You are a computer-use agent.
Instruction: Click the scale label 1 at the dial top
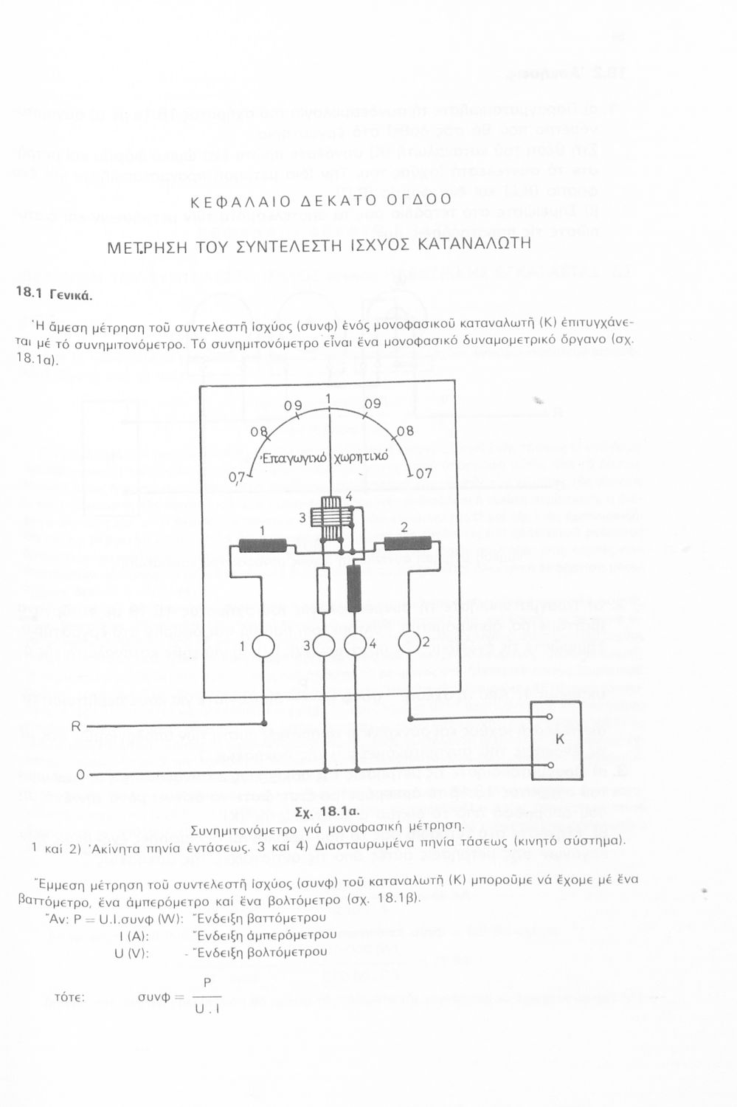(328, 399)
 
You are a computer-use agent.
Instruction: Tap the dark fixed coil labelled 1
(263, 545)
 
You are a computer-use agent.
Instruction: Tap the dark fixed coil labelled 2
(407, 544)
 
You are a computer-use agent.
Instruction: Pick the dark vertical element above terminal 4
(353, 587)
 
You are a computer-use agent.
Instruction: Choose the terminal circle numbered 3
(325, 646)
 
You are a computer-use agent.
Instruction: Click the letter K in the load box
(558, 739)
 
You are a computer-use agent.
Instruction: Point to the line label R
(75, 726)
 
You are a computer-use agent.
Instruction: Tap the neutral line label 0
(80, 774)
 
